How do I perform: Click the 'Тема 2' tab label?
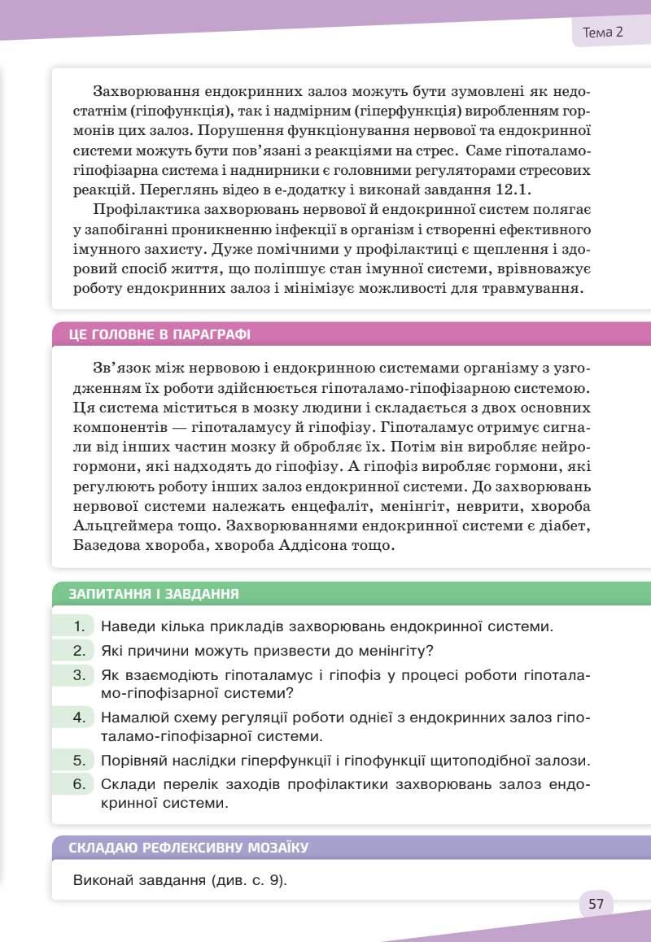[603, 33]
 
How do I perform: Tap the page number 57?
[596, 904]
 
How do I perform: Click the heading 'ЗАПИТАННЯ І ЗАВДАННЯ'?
[154, 594]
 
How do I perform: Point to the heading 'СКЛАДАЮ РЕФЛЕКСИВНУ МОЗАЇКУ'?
[188, 848]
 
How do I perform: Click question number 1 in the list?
[80, 626]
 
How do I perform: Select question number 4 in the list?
[80, 717]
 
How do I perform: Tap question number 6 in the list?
[80, 784]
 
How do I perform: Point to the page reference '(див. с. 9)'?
[251, 880]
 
